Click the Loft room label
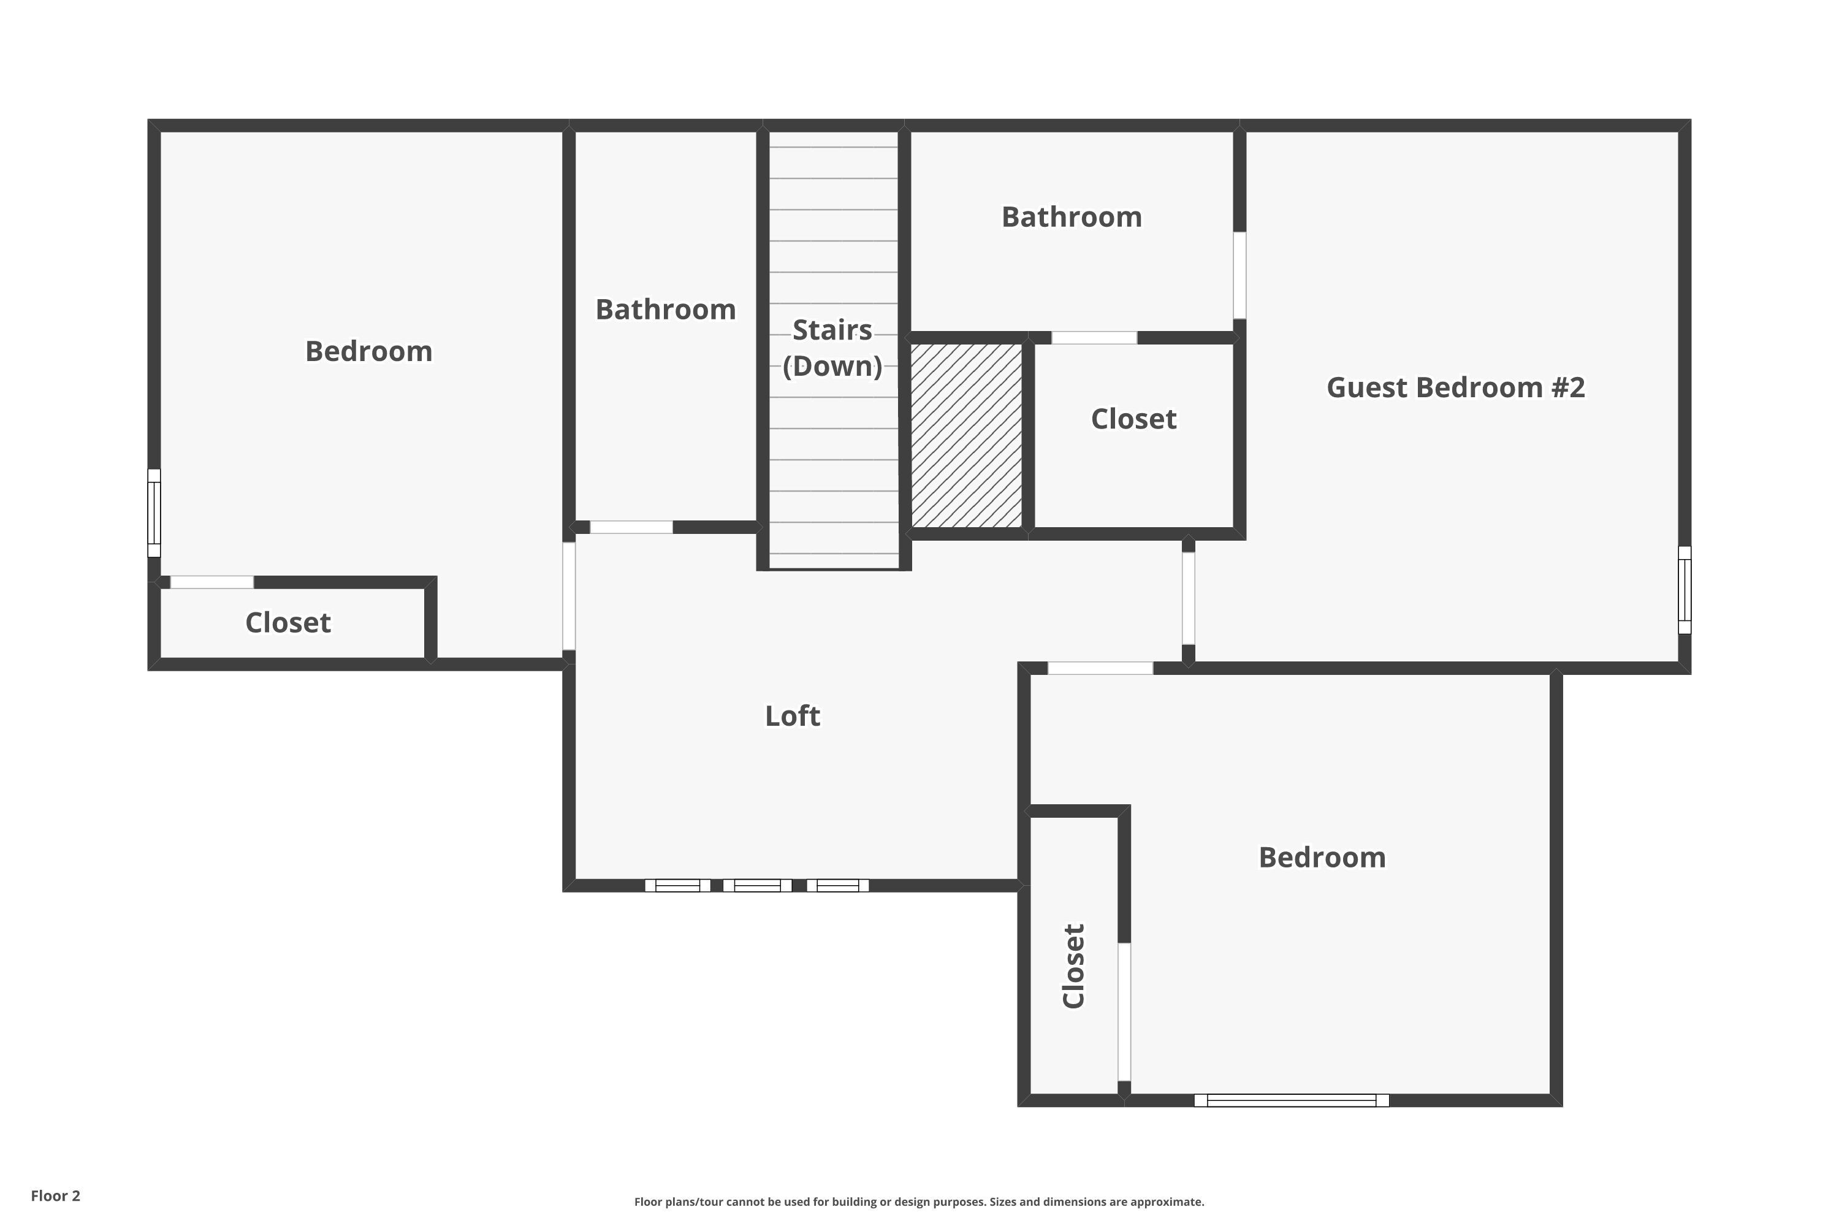pos(792,716)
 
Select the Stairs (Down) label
pos(832,348)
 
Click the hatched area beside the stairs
pos(967,435)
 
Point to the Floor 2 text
pos(56,1195)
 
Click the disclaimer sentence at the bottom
pos(919,1201)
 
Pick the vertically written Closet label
pos(1073,967)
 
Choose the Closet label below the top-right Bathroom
pos(1133,419)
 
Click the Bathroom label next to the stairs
pos(665,310)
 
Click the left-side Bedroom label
pos(368,352)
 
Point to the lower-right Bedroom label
pos(1322,858)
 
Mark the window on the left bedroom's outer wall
pos(154,513)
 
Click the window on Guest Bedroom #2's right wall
pos(1684,590)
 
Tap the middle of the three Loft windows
pos(757,885)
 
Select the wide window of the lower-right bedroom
pos(1291,1100)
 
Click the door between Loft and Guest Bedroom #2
pos(1188,598)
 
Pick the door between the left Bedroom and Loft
pos(568,596)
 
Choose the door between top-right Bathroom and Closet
pos(1094,338)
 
